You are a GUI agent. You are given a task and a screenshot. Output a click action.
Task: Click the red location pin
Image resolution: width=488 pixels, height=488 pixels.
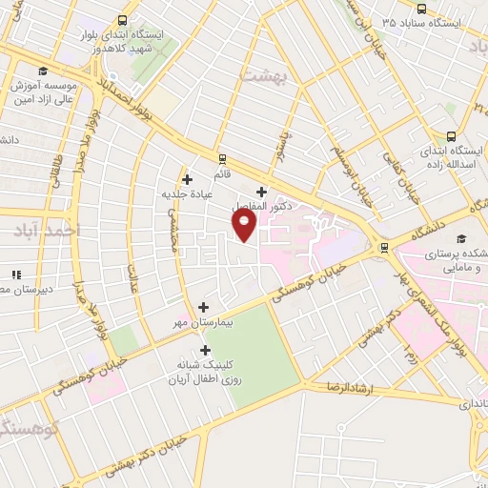(245, 226)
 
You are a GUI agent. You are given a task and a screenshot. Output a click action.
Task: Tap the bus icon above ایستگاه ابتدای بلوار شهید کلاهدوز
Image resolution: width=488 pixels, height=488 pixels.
(123, 19)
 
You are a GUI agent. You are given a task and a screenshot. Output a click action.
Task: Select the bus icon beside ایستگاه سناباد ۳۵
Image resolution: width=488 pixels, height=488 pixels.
(373, 21)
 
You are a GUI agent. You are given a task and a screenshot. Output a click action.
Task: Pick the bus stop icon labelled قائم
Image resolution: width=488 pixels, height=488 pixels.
(222, 159)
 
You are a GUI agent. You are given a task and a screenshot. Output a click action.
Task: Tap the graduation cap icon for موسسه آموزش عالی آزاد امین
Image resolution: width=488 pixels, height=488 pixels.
(41, 71)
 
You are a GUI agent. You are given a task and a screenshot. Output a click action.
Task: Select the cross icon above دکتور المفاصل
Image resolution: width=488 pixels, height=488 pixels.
(261, 192)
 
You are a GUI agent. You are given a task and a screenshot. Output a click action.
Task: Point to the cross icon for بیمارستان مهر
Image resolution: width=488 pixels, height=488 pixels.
(203, 307)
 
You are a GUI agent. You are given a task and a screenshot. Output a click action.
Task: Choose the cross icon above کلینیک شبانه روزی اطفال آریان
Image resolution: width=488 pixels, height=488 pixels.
(205, 350)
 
